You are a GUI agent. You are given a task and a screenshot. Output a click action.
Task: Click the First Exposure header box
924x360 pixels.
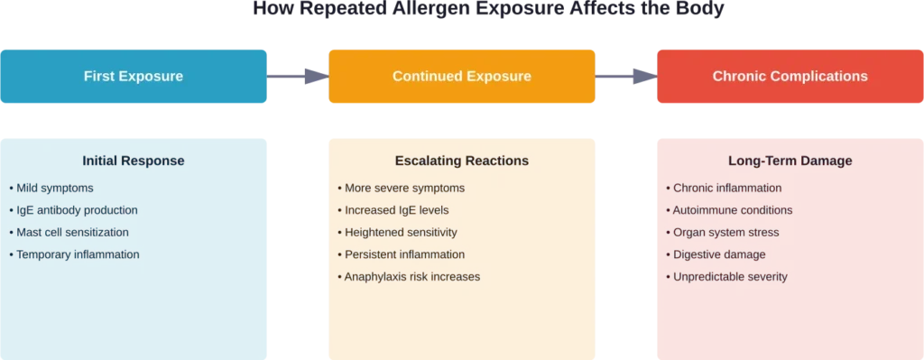pos(134,77)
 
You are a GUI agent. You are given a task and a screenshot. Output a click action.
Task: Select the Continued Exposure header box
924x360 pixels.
pos(461,77)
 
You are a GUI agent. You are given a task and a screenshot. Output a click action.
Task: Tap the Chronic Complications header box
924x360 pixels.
pos(790,77)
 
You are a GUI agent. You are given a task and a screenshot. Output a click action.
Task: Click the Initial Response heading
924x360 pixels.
pos(134,162)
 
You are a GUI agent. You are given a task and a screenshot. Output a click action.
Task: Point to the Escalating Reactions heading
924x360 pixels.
pos(461,162)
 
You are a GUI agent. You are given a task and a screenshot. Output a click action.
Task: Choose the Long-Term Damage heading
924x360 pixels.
pos(790,162)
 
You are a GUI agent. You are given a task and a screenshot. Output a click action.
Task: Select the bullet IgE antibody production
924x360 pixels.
pos(77,210)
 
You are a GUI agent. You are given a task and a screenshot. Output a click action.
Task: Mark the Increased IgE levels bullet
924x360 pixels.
pos(398,210)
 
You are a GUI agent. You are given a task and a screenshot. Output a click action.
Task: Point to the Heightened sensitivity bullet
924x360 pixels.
pos(401,232)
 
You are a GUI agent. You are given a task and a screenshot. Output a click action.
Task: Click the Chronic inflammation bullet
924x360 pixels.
pos(727,189)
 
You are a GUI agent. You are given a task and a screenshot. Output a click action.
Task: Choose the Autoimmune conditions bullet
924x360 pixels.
pos(733,210)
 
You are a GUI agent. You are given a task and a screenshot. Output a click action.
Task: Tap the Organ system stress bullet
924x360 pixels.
pos(726,232)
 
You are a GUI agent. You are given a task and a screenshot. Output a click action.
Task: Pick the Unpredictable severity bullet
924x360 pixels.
pos(730,276)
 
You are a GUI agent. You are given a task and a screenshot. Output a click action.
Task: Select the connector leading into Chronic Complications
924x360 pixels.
pos(626,77)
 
